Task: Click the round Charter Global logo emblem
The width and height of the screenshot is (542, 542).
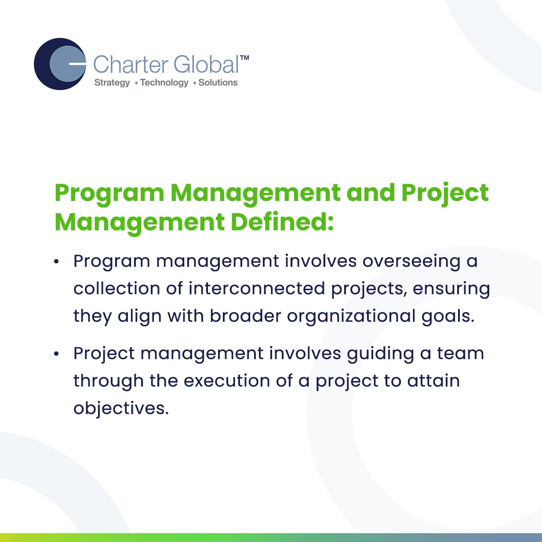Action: (60, 64)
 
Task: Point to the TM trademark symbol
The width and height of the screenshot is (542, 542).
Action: (244, 58)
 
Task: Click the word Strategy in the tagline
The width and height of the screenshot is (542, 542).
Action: (112, 83)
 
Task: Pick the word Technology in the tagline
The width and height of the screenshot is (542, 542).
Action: (164, 83)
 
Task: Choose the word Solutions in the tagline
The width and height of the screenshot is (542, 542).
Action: (218, 82)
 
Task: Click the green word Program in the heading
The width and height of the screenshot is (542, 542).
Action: (109, 194)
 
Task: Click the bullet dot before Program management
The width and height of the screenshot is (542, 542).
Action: (56, 262)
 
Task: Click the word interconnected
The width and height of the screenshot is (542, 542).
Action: (257, 288)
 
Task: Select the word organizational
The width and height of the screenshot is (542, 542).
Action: (351, 316)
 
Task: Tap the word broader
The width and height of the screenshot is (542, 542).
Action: (246, 316)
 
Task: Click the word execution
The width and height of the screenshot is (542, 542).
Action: (227, 381)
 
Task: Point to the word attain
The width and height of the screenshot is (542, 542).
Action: (433, 381)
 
